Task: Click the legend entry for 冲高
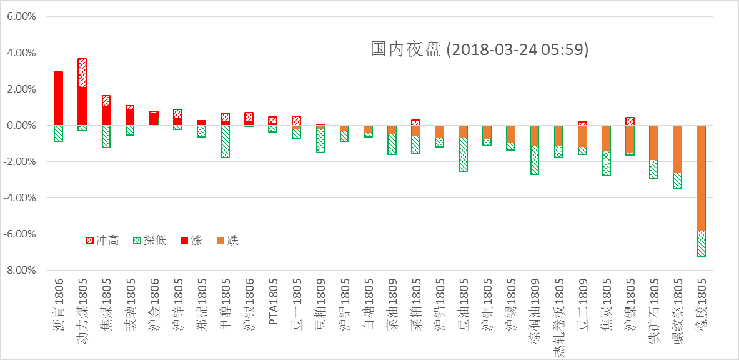pos(101,241)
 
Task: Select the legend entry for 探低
pos(150,241)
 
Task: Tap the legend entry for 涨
pos(191,241)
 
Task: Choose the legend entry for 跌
pos(227,241)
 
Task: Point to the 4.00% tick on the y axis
pos(21,53)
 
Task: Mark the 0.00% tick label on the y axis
pos(21,126)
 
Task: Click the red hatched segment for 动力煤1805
pos(82,72)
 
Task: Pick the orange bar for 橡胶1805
pos(701,178)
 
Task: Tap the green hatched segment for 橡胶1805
pos(701,244)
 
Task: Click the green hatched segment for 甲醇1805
pos(225,141)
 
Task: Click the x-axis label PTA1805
pos(273,304)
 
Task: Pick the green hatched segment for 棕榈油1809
pos(535,160)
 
